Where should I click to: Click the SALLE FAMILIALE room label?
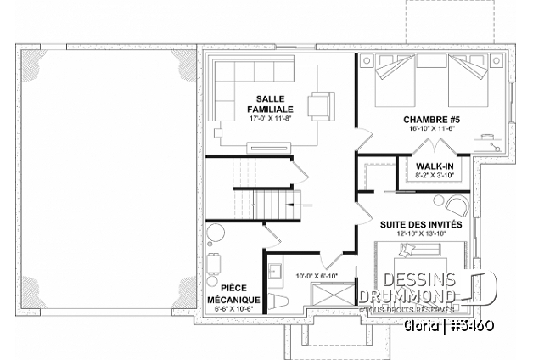point(270,104)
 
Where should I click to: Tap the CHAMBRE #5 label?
point(432,120)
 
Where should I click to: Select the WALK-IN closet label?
point(435,166)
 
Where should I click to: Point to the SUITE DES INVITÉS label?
point(421,225)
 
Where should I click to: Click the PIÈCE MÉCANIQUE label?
point(233,294)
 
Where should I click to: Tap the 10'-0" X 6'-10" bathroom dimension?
point(317,276)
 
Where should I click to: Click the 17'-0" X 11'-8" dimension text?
point(270,118)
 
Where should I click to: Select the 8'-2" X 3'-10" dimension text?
point(435,175)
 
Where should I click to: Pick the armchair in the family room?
point(321,106)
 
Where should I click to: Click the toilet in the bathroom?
point(278,301)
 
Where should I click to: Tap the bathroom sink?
point(276,272)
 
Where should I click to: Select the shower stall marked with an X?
point(333,295)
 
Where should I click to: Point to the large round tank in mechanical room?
point(216,233)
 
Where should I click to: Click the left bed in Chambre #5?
point(395,80)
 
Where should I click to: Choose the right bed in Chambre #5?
point(468,80)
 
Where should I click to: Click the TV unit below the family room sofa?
point(269,148)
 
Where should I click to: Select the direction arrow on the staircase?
point(300,205)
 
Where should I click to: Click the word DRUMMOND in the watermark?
point(407,296)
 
